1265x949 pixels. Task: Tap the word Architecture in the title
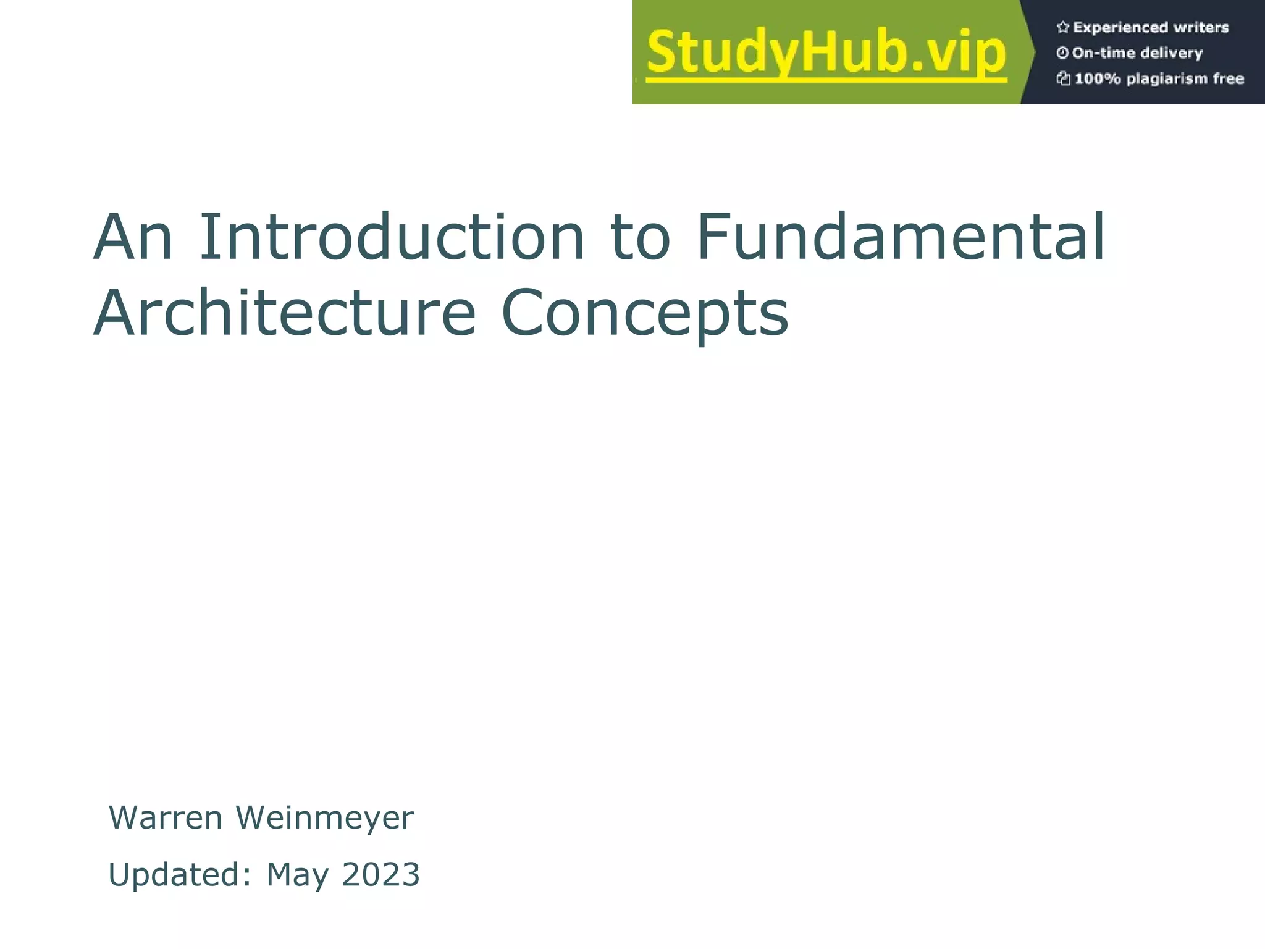284,313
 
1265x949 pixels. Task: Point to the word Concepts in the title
644,313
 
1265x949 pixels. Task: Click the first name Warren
166,817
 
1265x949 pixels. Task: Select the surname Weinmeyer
324,817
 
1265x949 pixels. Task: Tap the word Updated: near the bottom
180,874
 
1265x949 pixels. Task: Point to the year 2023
380,874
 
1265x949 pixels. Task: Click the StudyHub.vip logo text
826,53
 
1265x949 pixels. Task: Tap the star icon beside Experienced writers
1062,27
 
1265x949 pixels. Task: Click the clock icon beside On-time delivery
1062,53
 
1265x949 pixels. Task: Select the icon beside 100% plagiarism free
1063,78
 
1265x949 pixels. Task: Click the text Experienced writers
1151,27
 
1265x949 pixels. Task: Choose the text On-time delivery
1137,53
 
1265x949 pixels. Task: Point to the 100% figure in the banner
1097,78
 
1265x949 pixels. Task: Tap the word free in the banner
1228,78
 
